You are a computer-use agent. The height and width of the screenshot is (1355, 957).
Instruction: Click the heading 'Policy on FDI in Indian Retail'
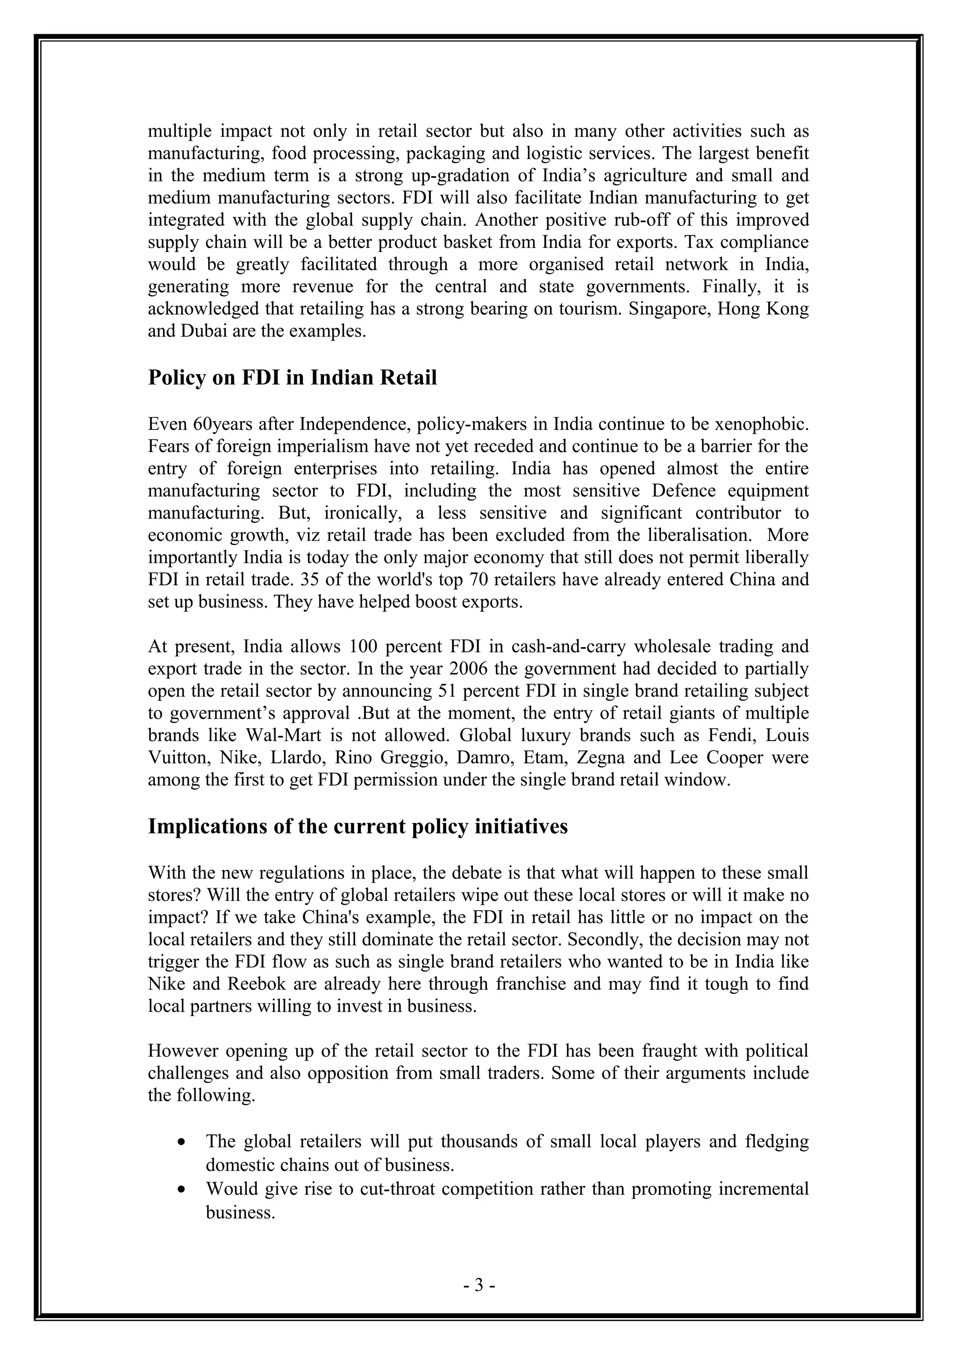292,378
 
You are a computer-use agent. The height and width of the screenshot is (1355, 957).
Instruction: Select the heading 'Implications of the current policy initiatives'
357,826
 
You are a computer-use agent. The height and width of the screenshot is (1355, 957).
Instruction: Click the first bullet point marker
183,1143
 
